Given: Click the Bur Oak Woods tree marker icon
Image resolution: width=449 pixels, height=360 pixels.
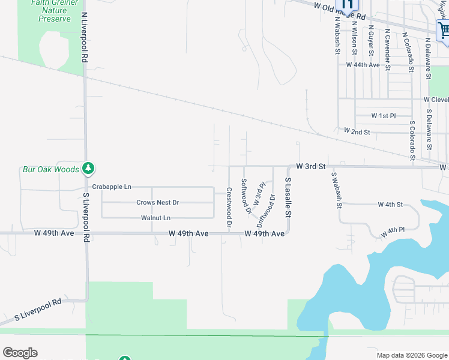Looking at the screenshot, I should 88,169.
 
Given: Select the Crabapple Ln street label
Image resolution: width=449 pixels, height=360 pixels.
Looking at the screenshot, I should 112,187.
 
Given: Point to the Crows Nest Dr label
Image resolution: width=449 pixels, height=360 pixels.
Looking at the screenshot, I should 158,203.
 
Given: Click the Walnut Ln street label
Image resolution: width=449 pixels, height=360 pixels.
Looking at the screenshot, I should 156,218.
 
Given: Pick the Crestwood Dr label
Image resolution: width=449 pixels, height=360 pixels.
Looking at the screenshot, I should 229,206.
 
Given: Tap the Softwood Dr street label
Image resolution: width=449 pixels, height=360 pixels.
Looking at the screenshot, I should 245,196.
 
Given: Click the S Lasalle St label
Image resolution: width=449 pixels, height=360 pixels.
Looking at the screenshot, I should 288,197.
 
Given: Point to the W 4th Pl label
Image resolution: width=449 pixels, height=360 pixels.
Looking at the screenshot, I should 393,230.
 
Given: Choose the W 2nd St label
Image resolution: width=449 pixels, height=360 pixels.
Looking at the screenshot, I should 357,131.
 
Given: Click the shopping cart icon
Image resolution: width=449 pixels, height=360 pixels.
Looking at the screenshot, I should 444,30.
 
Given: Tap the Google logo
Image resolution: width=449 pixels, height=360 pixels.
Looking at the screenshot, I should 20,353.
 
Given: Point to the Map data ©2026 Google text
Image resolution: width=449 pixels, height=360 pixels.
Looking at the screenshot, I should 411,355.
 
